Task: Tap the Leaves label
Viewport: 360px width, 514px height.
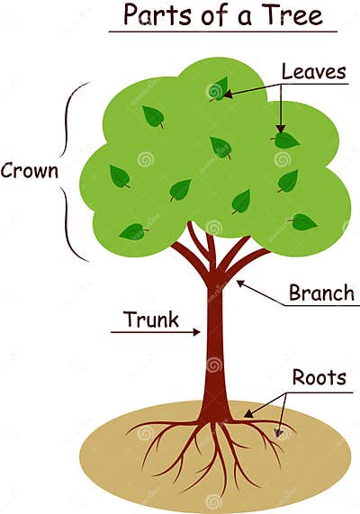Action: pos(313,72)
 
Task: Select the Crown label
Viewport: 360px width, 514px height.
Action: pos(31,170)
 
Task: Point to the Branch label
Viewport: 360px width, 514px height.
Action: pos(321,293)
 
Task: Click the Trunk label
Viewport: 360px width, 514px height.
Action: pos(151,320)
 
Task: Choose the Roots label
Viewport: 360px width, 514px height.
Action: pos(319,377)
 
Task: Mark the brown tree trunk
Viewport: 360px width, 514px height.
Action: pos(214,351)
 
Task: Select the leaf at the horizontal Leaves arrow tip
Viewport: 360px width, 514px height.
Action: pos(219,89)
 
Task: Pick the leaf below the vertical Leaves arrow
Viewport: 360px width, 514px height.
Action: pos(285,140)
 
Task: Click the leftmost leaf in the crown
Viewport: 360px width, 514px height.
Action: pos(119,176)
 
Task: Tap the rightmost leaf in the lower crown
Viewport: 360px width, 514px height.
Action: pos(303,221)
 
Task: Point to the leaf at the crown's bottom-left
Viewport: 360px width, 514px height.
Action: pos(133,231)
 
